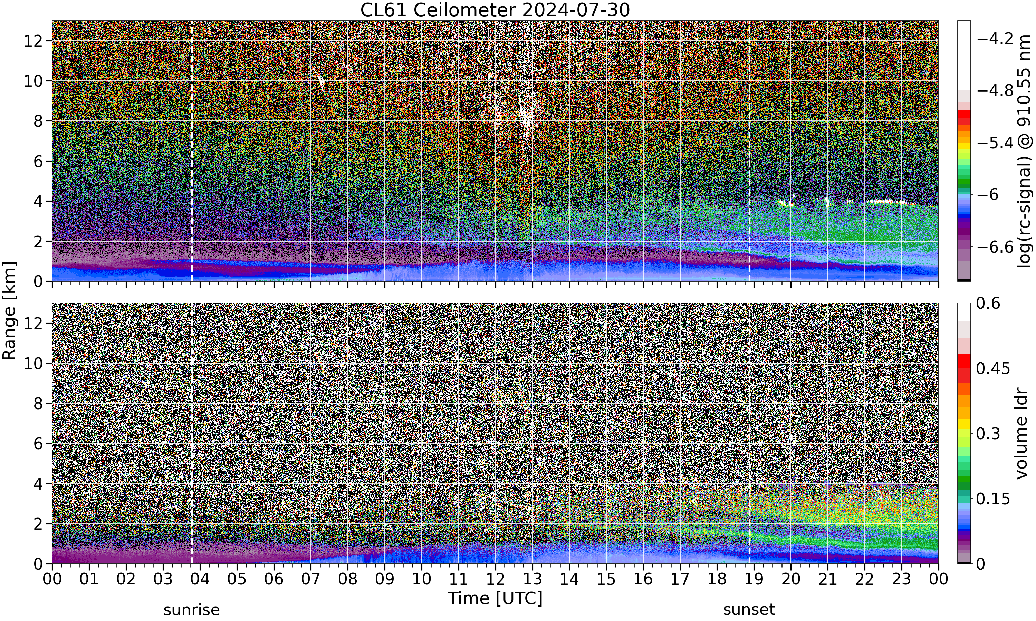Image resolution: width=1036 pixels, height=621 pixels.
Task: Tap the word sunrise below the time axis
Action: [191, 610]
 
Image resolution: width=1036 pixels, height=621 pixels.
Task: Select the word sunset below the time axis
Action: [749, 610]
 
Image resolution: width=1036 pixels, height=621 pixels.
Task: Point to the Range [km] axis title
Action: [9, 311]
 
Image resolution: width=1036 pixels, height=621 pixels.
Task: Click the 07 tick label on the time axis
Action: [311, 579]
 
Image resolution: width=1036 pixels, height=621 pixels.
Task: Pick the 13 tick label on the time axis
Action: [532, 579]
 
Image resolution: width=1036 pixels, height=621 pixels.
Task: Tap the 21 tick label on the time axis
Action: [827, 579]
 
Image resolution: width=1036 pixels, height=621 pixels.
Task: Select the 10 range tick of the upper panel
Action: [33, 81]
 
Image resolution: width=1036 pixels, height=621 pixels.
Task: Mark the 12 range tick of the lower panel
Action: [33, 323]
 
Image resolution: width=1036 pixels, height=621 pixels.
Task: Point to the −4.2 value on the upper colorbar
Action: [995, 39]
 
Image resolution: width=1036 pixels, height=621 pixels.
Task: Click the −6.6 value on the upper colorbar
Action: [995, 247]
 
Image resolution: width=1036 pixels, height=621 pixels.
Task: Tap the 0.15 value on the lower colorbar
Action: [993, 499]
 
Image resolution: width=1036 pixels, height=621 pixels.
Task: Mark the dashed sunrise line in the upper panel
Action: [192, 151]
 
